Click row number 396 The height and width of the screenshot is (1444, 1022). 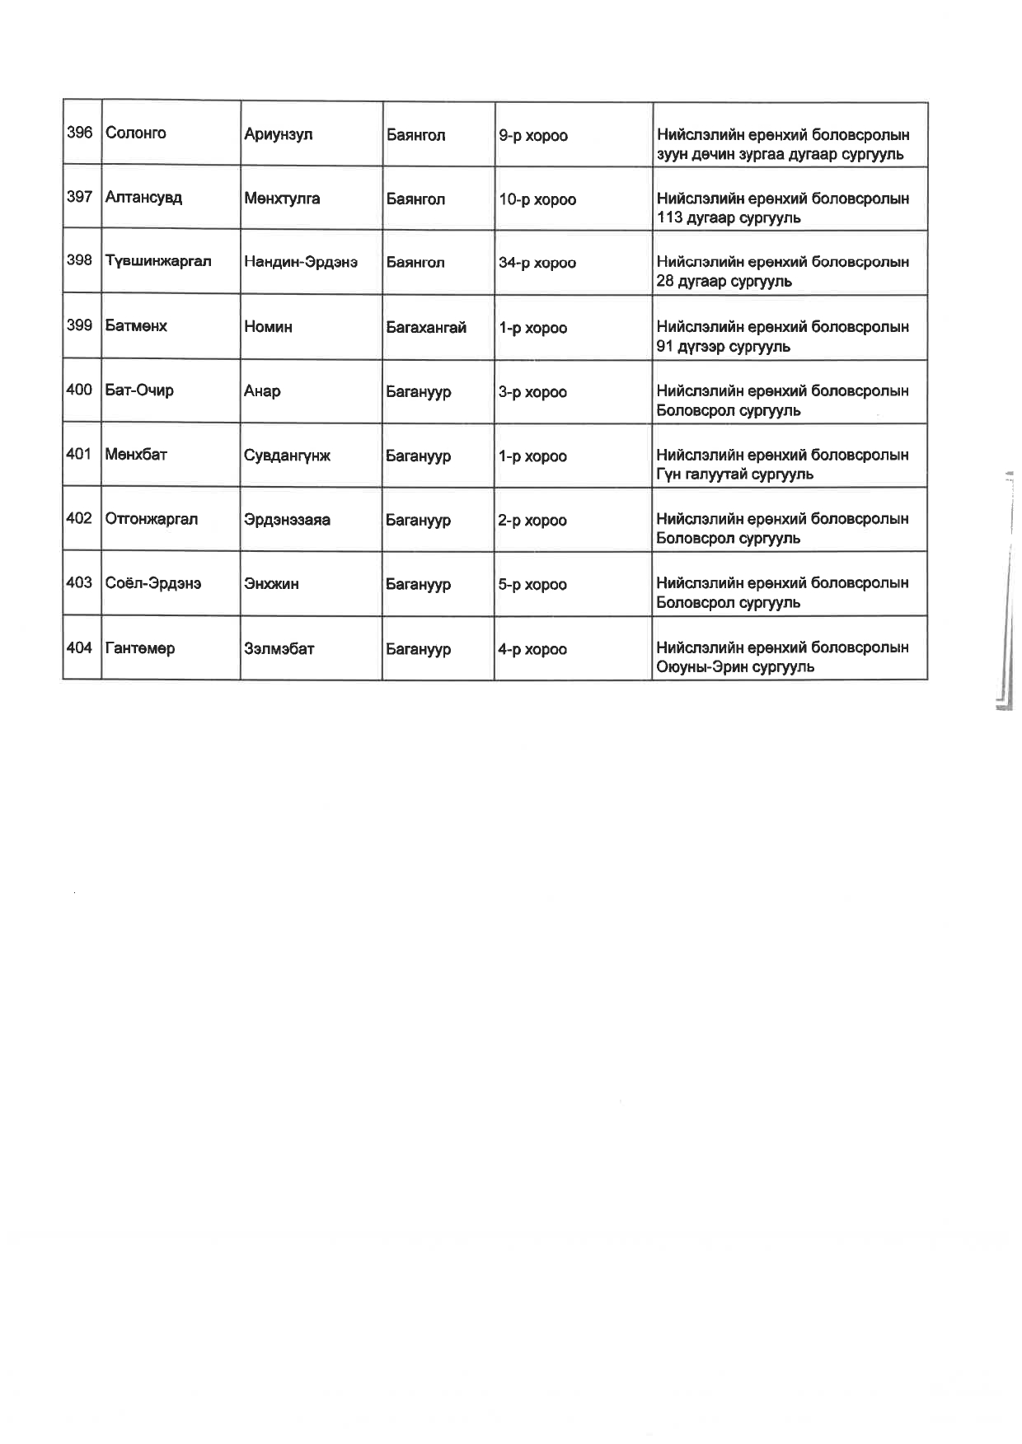click(79, 133)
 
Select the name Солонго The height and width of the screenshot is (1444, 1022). click(136, 133)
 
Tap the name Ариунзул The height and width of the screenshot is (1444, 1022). click(278, 135)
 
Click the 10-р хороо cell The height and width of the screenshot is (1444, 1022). click(537, 200)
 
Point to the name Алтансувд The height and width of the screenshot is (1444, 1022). click(143, 198)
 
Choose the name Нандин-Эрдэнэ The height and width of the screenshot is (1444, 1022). click(301, 263)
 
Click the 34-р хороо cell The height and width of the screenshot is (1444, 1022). click(537, 264)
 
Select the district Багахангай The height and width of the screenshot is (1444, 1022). click(426, 328)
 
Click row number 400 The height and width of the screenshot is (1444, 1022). click(79, 390)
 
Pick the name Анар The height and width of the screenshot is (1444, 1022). click(262, 392)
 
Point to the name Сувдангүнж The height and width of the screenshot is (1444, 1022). click(287, 456)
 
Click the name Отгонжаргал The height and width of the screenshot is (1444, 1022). click(152, 520)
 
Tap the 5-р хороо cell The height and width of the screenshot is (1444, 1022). click(532, 585)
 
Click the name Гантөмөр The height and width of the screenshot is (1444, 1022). click(140, 649)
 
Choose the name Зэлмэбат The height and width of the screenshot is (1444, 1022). click(279, 649)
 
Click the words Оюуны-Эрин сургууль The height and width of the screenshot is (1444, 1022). click(735, 667)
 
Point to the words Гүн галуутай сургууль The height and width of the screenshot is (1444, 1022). click(734, 474)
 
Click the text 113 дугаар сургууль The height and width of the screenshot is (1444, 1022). click(729, 218)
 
